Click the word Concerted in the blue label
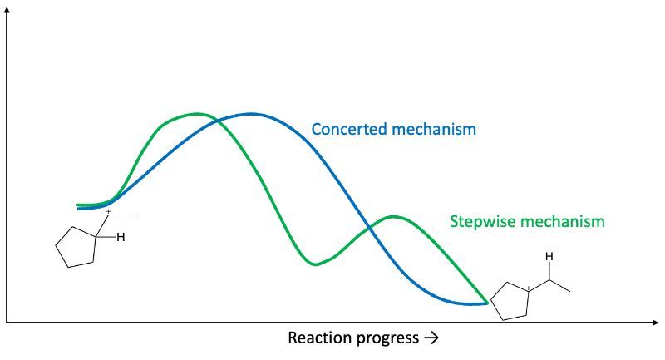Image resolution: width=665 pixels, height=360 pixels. (x=347, y=129)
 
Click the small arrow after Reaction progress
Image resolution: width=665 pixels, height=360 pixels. (x=431, y=338)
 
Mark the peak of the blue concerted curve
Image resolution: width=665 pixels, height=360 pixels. (x=251, y=114)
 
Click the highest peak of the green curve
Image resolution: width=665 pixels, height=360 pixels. (x=196, y=114)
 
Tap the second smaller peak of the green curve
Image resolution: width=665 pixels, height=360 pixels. (x=393, y=217)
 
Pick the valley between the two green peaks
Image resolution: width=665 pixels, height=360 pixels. (x=316, y=264)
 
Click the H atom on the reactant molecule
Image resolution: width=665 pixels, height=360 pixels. (x=121, y=238)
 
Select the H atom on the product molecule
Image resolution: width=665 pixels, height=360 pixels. (x=549, y=257)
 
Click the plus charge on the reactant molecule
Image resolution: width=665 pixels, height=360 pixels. (x=108, y=211)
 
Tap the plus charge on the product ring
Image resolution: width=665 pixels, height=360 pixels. (x=529, y=288)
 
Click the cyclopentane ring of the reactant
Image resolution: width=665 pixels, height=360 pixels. (x=56, y=246)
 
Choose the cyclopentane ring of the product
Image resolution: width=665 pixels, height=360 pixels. (x=491, y=303)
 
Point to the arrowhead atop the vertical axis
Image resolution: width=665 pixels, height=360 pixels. (x=7, y=12)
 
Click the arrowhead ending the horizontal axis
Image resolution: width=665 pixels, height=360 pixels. (x=654, y=323)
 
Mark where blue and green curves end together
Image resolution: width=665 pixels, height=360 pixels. (x=487, y=303)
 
